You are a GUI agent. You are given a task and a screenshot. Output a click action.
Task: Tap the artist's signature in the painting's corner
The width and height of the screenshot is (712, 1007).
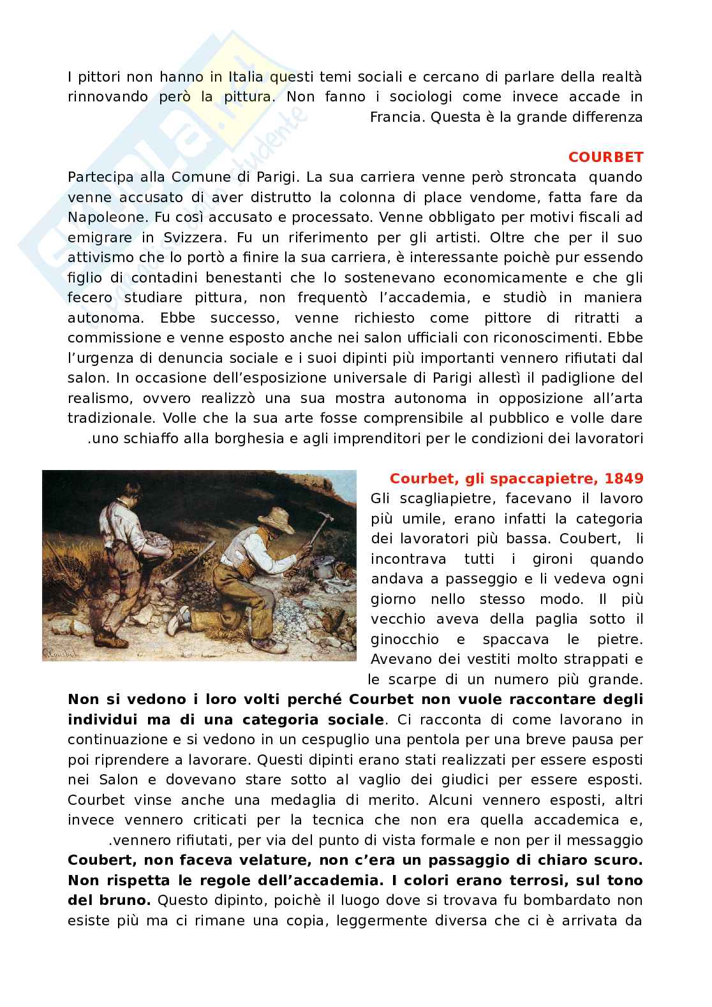click(x=59, y=651)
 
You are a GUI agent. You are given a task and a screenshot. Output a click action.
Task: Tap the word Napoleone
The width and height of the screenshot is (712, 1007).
click(x=105, y=217)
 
